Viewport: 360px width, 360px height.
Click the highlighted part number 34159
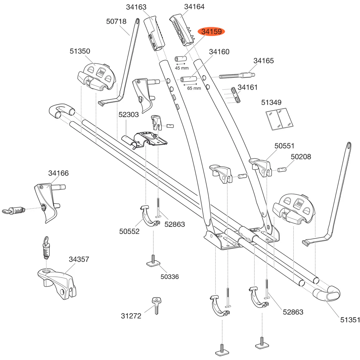211,31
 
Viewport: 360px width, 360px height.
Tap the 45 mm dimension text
181,68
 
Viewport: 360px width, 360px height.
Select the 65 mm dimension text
194,88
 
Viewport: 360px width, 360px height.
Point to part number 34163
136,7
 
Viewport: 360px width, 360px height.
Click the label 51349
271,102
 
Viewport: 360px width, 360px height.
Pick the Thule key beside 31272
156,306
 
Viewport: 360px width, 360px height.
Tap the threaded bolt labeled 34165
237,75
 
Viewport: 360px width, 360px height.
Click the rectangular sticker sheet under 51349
279,119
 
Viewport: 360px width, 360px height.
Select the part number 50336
170,276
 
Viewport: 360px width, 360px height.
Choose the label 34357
79,260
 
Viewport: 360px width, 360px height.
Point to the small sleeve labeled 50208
282,170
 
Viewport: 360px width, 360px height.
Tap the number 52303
129,114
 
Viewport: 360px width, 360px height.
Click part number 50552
129,231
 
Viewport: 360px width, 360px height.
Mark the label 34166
58,173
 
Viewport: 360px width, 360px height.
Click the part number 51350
80,51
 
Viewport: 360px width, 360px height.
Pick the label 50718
116,21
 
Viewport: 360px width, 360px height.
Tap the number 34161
248,87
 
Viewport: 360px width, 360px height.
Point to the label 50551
284,146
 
